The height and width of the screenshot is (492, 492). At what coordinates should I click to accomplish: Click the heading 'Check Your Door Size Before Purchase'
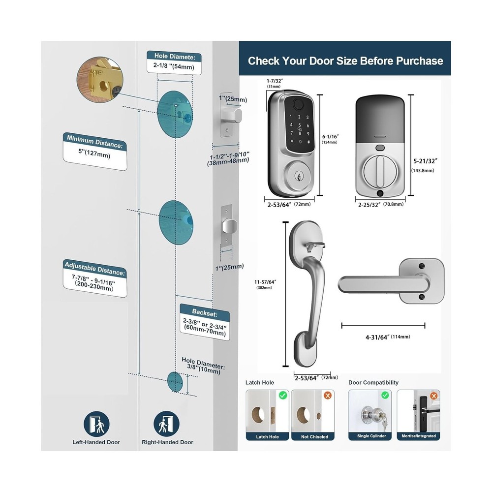[345, 61]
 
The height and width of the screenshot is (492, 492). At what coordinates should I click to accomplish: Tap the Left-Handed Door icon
[96, 424]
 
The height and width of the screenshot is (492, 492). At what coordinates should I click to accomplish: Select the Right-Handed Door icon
[167, 424]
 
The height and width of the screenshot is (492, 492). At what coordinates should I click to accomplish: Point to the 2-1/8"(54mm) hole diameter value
[174, 66]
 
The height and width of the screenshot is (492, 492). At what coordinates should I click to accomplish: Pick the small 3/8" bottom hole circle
[175, 381]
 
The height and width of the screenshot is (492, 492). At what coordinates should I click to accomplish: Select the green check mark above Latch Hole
[282, 395]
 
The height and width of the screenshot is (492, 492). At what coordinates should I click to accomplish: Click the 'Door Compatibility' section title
[373, 382]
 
